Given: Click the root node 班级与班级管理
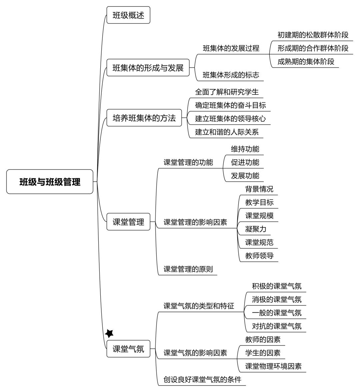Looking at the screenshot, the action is (50, 181).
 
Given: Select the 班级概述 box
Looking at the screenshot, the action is (128, 15).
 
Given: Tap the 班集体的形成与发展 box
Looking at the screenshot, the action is (148, 67).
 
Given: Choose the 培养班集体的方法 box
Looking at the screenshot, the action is (144, 118).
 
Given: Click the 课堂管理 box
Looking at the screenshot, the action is (128, 222).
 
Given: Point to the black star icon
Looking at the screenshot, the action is (109, 333).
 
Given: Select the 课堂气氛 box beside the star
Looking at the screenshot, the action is (128, 349).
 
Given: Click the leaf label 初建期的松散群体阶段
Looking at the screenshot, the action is (313, 35).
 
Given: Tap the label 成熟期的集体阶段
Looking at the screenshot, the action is (306, 61).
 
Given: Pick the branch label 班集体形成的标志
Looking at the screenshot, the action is (231, 75).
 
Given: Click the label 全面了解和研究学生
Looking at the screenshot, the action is (227, 92).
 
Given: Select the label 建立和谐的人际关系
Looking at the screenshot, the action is (227, 132).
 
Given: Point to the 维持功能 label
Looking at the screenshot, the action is (245, 149).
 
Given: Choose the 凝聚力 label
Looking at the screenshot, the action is (255, 229).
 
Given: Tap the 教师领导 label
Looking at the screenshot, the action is (259, 255).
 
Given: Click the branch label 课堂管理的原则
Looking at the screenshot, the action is (188, 269).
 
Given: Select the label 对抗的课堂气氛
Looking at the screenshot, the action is (277, 326).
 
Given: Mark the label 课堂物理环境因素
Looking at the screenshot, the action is (273, 366).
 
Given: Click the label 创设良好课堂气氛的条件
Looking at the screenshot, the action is (202, 379).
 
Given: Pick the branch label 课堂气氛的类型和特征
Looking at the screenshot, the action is (199, 306).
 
